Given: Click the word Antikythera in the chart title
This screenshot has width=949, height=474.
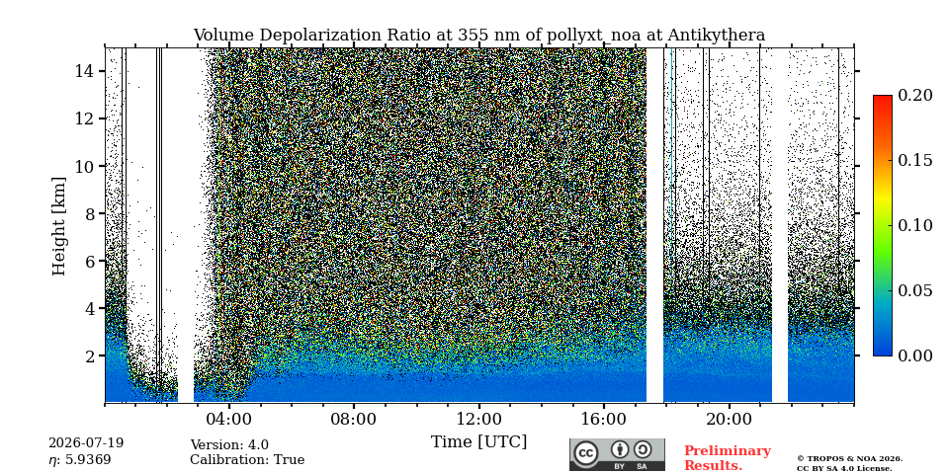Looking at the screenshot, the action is tap(716, 36).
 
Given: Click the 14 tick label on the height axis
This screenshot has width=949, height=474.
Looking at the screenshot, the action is tap(83, 71).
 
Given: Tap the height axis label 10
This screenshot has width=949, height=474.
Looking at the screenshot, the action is tap(83, 166).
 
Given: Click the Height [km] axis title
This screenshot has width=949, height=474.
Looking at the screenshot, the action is tap(58, 226).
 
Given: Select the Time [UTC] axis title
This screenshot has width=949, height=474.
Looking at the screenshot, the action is tap(478, 442).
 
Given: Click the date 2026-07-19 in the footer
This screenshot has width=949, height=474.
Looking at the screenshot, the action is tap(86, 443).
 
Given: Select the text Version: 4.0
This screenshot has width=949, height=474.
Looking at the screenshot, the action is tap(229, 445).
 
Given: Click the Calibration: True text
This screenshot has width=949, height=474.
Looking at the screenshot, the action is tap(247, 460).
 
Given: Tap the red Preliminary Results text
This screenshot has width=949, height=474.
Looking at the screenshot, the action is tap(728, 458).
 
